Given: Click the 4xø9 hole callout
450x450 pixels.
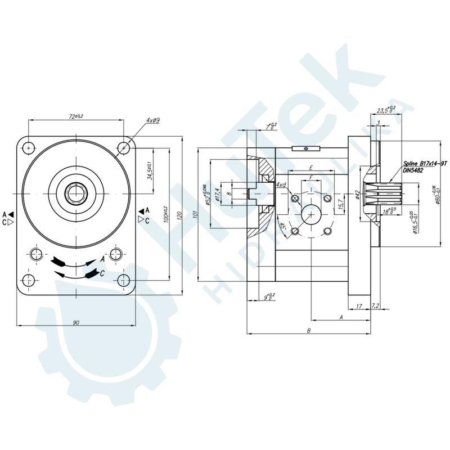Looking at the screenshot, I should click(153, 120).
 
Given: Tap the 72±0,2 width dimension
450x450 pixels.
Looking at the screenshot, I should click(76, 116).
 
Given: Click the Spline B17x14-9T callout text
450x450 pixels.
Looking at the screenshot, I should click(425, 163).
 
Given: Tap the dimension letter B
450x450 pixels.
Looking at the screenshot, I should click(309, 331).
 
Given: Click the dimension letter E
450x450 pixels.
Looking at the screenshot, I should click(311, 168).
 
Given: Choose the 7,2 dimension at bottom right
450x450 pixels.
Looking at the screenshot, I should click(376, 306).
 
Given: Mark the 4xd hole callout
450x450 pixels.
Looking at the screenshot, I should click(281, 185).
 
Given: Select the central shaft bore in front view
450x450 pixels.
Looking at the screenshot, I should click(76, 194).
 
